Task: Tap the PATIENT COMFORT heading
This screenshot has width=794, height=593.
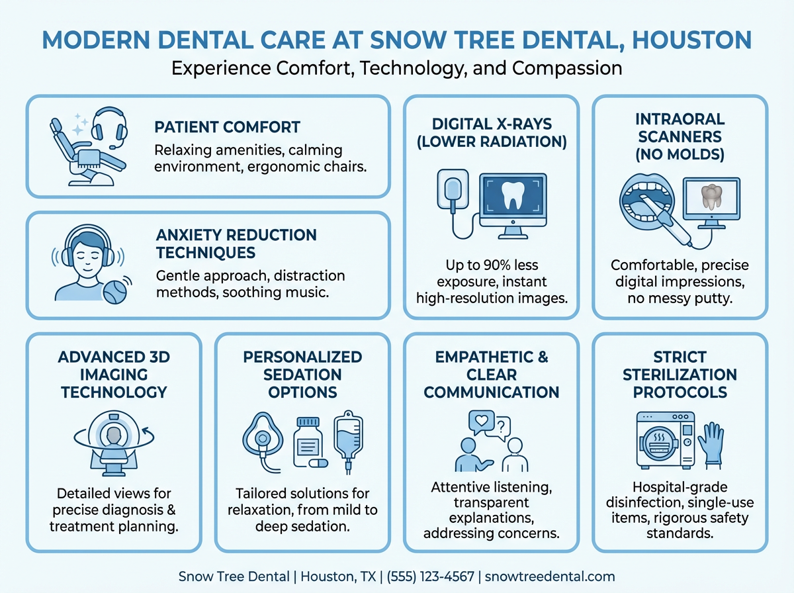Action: (227, 126)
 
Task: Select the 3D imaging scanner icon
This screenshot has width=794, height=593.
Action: (113, 439)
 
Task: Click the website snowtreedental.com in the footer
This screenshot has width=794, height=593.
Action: (550, 576)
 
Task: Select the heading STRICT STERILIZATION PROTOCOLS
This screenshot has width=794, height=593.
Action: (680, 375)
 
